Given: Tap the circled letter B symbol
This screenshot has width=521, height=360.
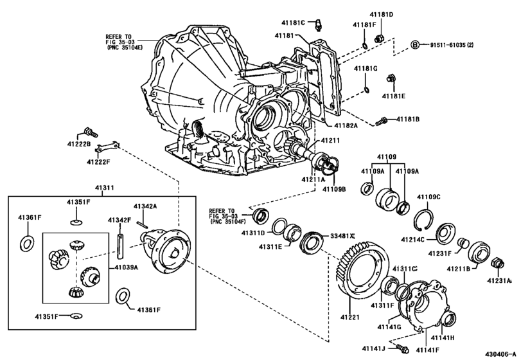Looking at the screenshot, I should point(415,44).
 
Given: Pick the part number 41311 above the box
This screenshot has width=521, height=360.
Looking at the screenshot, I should point(105,188).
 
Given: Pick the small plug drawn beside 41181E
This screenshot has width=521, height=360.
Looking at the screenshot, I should point(390,79).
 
